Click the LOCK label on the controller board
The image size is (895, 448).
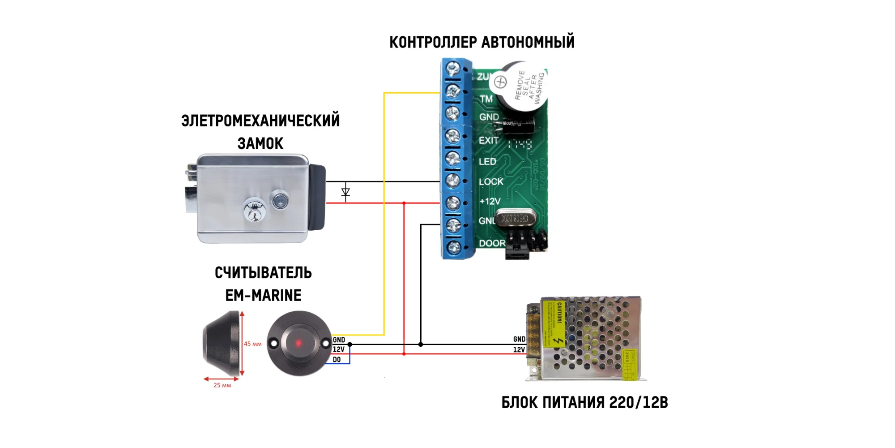[x=491, y=182]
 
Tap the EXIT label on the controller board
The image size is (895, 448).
[x=489, y=141]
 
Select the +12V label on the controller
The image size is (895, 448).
[x=490, y=202]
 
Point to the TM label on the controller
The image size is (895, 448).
[x=486, y=99]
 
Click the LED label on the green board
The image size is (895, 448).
[x=487, y=162]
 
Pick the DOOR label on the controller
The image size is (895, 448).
[x=492, y=243]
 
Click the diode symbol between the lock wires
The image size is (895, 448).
[x=345, y=192]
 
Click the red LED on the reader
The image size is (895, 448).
[x=298, y=344]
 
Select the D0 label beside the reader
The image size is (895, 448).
[x=337, y=360]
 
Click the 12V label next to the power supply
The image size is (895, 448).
[x=519, y=350]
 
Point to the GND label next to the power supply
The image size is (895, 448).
[x=519, y=340]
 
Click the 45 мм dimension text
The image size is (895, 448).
[x=252, y=344]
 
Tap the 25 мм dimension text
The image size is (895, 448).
[x=222, y=385]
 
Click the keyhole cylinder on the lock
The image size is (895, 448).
[x=254, y=211]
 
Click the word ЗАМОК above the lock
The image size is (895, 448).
[x=260, y=144]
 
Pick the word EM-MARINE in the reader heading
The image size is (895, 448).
[x=263, y=296]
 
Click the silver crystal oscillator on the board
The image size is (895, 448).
[x=515, y=219]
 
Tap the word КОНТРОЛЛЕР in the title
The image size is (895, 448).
[x=433, y=43]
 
